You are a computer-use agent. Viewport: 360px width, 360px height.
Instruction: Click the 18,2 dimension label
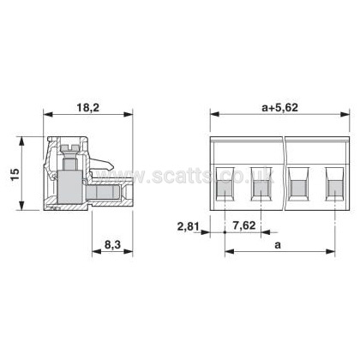point(87,108)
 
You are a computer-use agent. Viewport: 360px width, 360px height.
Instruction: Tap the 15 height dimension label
point(15,174)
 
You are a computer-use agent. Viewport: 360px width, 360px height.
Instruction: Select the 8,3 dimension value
point(112,244)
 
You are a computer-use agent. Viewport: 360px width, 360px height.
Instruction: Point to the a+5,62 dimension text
point(279,108)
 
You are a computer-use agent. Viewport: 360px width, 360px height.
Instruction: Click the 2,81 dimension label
point(189,227)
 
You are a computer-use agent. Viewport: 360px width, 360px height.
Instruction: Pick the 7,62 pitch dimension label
point(243,225)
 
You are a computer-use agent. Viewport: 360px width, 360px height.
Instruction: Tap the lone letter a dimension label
point(278,245)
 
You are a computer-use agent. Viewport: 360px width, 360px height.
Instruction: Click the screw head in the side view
point(70,148)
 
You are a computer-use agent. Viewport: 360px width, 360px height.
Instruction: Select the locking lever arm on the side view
point(102,165)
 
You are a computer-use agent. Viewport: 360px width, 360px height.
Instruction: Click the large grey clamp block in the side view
point(70,187)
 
